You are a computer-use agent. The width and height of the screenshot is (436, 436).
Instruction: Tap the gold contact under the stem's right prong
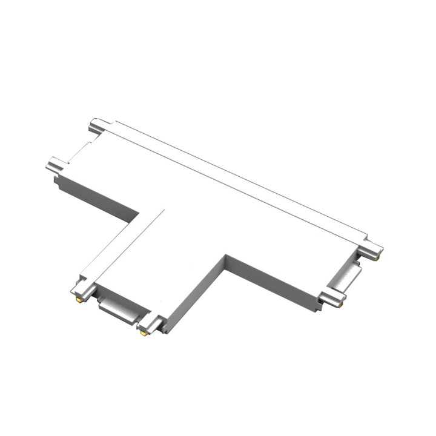coord(144,334)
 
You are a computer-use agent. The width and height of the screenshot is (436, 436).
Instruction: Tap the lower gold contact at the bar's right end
coord(340,305)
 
